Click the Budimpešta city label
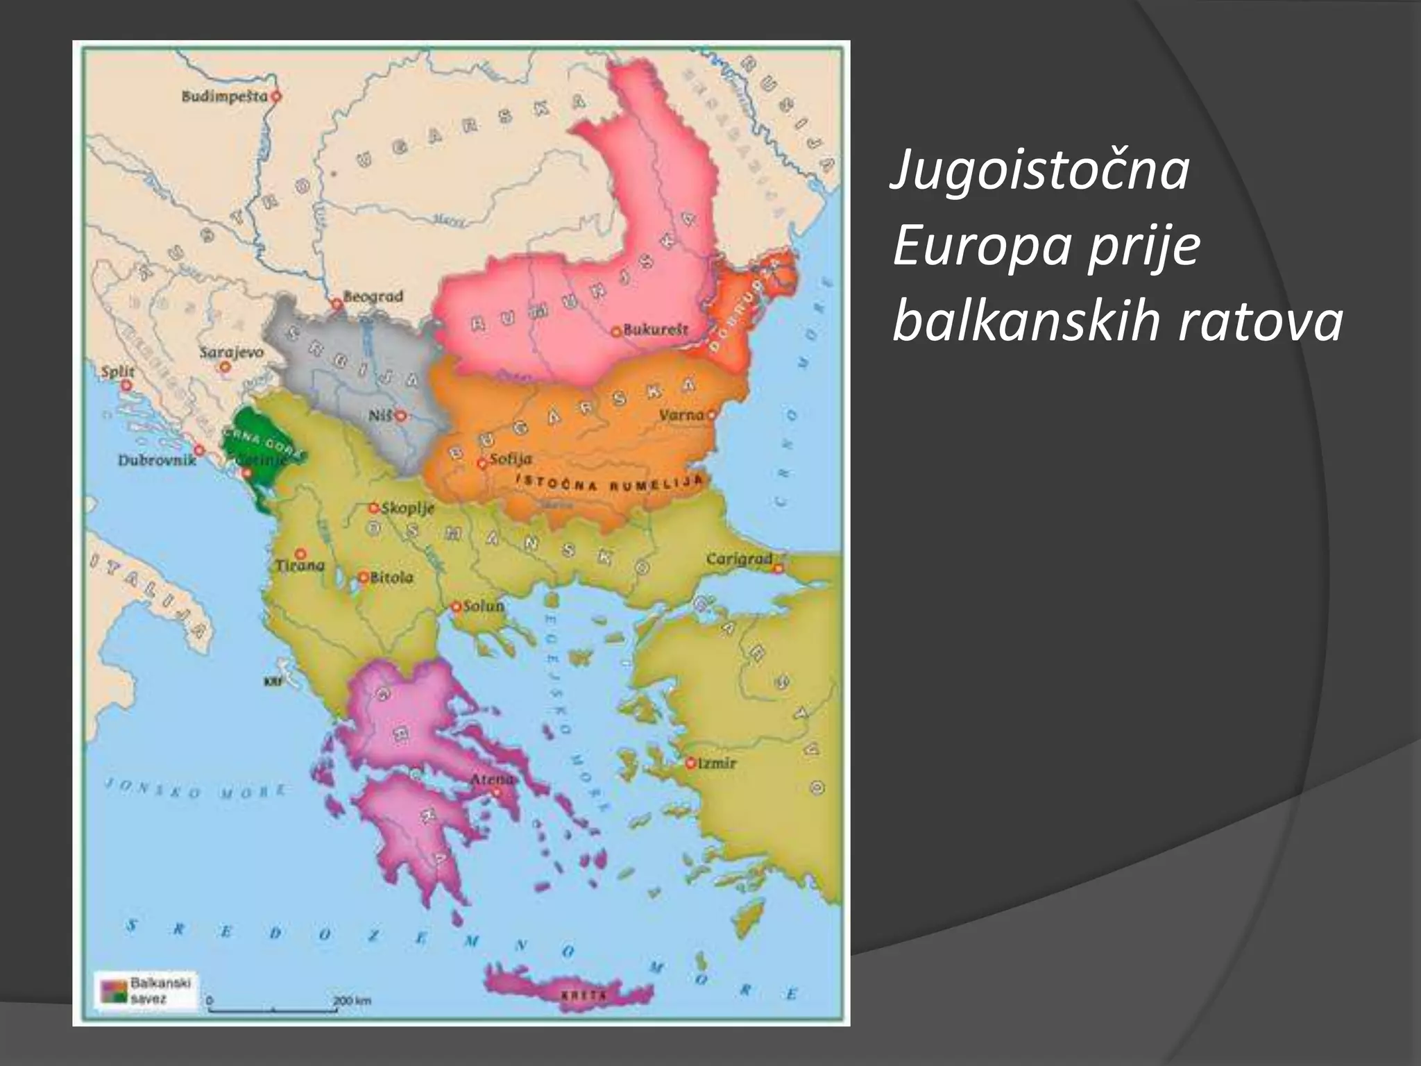tap(224, 96)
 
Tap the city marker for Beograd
tap(337, 303)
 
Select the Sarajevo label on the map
tap(232, 352)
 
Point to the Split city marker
tap(126, 385)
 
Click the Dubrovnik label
tap(157, 459)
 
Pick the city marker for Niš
tap(400, 416)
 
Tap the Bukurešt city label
tap(656, 330)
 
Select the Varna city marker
tap(710, 415)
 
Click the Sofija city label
tap(511, 459)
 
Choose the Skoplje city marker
tap(374, 508)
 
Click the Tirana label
tap(300, 566)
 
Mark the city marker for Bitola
tap(363, 577)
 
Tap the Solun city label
tap(484, 605)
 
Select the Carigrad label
tap(739, 559)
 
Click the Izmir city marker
tap(690, 763)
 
